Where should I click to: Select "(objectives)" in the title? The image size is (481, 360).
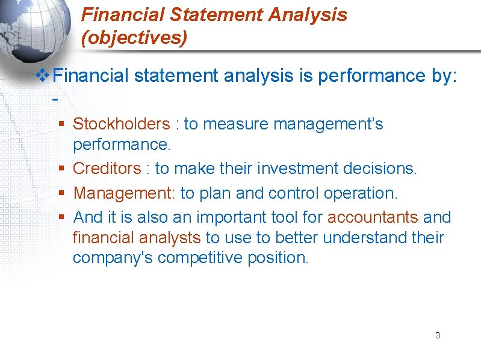click(134, 38)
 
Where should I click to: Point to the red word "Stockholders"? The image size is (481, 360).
click(121, 124)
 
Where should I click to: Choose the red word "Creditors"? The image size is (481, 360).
click(107, 169)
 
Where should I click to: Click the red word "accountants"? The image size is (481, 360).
click(373, 217)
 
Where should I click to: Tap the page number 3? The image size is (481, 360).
click(437, 335)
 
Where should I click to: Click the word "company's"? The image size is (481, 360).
click(111, 258)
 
